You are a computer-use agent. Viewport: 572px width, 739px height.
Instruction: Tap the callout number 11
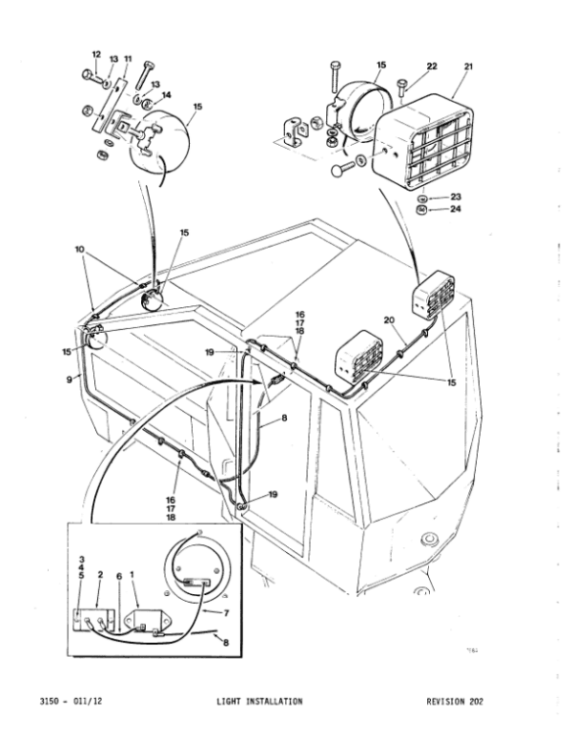coord(128,59)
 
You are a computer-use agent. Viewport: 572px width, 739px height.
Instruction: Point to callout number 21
coord(468,66)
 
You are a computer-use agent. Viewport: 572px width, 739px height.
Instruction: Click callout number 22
coord(431,66)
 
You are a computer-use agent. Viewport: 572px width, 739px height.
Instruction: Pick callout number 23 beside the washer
coord(455,196)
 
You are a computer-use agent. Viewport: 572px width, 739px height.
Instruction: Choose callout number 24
coord(455,210)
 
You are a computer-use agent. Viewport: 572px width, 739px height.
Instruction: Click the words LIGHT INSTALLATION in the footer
coord(258,702)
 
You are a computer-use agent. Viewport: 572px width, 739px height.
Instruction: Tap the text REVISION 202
coord(455,702)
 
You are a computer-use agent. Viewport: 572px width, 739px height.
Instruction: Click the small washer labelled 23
coord(423,197)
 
